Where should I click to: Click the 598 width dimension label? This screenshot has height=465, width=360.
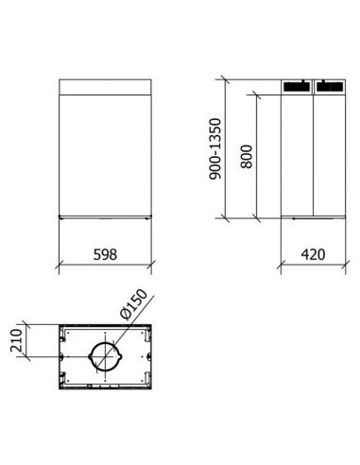point(105,254)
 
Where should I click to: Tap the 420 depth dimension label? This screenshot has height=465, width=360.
point(313,254)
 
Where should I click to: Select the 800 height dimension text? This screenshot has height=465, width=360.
point(247,157)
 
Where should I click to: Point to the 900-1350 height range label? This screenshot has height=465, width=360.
point(215,148)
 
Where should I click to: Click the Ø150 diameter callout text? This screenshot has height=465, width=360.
point(133,304)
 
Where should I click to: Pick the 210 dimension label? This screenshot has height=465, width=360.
point(16,340)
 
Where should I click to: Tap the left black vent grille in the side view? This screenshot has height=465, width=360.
point(296,86)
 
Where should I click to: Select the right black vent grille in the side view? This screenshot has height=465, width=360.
point(329,86)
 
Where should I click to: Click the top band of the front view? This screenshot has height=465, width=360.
point(105,87)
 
